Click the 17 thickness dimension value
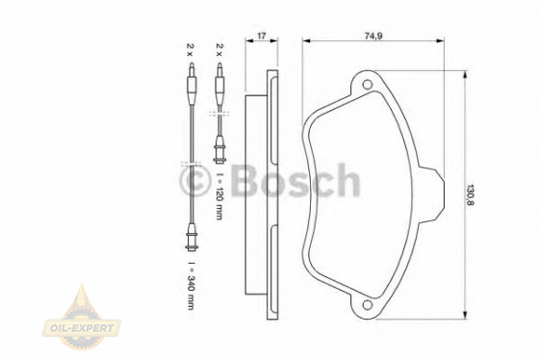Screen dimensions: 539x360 point(262,36)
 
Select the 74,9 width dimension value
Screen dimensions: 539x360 point(373,36)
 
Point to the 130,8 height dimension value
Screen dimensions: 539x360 point(470,195)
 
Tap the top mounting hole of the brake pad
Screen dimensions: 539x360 point(367,85)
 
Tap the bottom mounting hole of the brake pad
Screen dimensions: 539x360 point(367,304)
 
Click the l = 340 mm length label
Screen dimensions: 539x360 point(191,286)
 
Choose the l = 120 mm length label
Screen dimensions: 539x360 point(219,196)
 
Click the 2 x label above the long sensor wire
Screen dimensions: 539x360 point(191,50)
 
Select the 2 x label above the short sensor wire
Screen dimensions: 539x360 point(219,50)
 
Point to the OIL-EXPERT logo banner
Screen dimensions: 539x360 point(82,327)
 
